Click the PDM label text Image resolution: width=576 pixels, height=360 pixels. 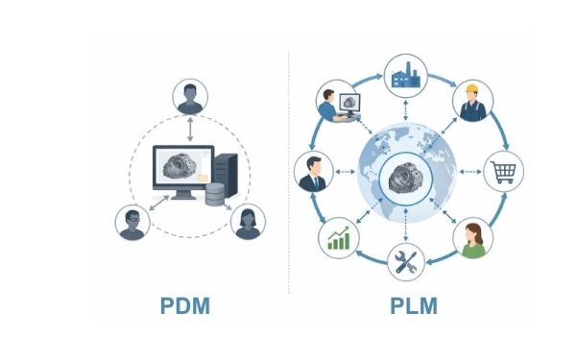click(x=184, y=307)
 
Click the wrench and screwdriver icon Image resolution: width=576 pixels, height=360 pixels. click(x=405, y=259)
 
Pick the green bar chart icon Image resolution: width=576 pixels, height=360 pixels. click(x=338, y=237)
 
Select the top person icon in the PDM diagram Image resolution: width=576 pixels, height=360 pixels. click(x=189, y=98)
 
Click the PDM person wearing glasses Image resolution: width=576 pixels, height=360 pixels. click(x=132, y=222)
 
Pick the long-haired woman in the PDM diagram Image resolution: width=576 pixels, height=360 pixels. click(x=248, y=222)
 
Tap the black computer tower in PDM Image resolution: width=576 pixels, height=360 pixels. click(x=224, y=169)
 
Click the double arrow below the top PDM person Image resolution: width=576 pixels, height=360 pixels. click(x=189, y=127)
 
